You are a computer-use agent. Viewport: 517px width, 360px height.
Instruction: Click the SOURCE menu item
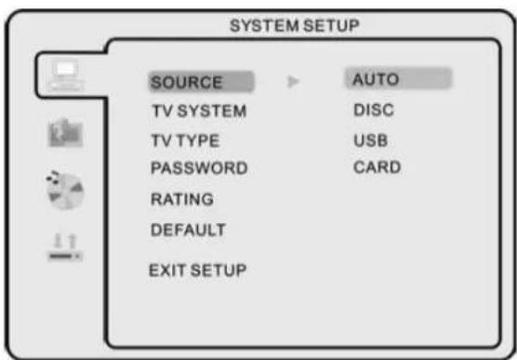pos(187,83)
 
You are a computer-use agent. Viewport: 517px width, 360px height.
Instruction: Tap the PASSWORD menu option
pos(198,168)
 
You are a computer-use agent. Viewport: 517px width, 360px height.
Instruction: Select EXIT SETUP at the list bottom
pos(197,271)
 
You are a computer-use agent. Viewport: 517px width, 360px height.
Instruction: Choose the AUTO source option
pos(376,80)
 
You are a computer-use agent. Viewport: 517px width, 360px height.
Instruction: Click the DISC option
pos(374,111)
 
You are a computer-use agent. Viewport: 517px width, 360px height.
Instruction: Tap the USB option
pos(370,140)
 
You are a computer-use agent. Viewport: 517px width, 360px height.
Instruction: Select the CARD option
pos(377,168)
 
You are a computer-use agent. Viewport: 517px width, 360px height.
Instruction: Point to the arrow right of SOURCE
pos(293,83)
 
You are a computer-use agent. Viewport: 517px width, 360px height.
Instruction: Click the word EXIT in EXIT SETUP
pos(166,271)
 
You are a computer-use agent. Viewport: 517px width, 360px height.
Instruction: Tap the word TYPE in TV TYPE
pos(202,140)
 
